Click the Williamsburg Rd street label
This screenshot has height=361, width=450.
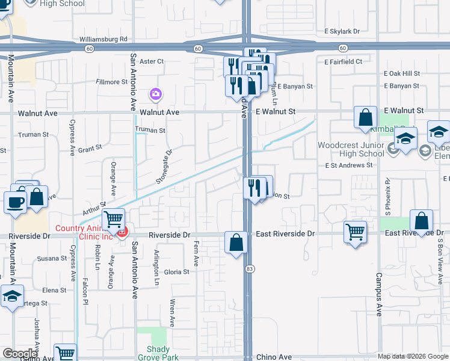click(103, 39)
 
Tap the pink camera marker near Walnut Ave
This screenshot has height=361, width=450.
click(156, 94)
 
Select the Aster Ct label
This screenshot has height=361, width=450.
click(151, 61)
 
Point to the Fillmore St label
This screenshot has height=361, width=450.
click(112, 82)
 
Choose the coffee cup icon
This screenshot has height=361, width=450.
click(15, 202)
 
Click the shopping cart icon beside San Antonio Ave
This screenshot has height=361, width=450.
click(113, 220)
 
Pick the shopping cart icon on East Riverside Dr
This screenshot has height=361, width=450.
click(356, 231)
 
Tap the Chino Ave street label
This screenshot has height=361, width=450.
click(274, 357)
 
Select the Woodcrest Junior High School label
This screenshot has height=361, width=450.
click(351, 149)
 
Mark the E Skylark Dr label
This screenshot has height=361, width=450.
click(341, 31)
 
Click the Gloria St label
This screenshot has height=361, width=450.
click(177, 272)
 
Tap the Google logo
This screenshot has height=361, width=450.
click(20, 354)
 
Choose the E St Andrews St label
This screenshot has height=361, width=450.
click(346, 165)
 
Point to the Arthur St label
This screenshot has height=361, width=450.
click(95, 209)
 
